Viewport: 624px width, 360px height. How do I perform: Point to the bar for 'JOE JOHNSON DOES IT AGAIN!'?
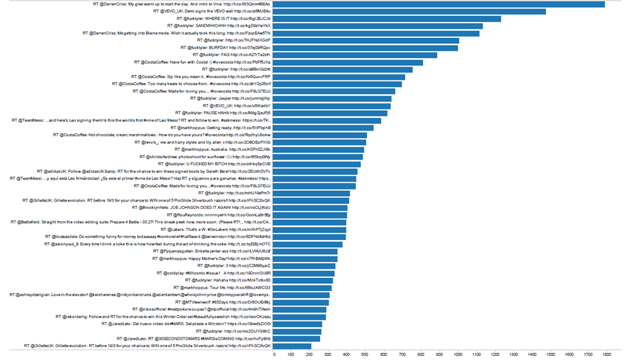(310, 207)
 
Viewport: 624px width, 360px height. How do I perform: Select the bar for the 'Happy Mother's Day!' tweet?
(305, 258)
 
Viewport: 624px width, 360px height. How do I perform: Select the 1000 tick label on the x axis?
(458, 354)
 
